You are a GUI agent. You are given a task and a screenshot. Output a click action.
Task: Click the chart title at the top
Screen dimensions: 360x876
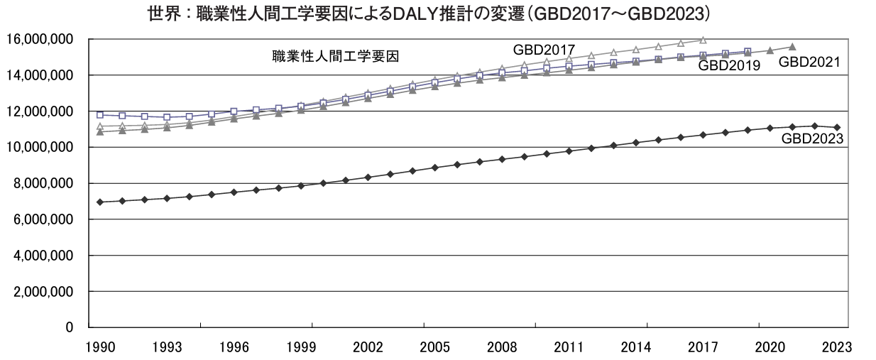429,13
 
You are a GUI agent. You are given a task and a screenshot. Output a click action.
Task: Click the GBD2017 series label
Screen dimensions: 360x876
544,50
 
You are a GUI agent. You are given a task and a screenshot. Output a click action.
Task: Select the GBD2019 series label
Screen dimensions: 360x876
729,66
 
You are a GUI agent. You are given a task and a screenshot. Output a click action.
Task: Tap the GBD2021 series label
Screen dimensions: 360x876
809,62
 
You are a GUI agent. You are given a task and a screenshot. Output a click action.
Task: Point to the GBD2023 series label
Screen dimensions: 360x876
812,139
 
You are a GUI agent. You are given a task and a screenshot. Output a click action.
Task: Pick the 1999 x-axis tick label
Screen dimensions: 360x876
312,348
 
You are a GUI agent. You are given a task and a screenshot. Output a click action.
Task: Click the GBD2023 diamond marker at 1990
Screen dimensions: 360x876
100,202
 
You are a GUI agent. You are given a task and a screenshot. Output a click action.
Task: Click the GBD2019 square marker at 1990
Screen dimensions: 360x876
100,114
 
